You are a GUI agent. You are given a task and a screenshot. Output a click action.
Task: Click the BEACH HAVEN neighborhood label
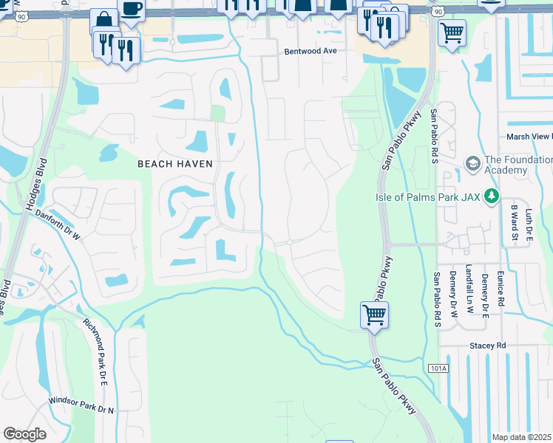coord(175,164)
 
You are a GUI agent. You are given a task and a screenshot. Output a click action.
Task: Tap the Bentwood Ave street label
coord(311,52)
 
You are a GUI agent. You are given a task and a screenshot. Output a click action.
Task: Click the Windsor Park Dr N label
coord(81,405)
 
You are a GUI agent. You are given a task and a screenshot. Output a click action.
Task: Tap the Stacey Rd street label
coord(487,345)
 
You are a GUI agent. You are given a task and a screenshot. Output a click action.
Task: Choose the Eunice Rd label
coord(501,289)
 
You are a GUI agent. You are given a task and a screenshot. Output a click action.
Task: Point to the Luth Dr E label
coord(529,223)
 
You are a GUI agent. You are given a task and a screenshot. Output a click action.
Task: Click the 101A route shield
coord(437,367)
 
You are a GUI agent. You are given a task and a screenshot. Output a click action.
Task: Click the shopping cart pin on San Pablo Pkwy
coord(375,314)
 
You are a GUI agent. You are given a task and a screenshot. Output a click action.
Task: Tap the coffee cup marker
coord(131,9)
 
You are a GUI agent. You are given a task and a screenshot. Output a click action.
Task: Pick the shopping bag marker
coord(104,21)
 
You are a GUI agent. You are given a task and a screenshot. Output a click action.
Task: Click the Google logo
coord(24,433)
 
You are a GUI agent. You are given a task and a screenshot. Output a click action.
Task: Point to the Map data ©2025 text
coord(521,437)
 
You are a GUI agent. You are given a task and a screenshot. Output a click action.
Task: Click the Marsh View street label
coord(528,137)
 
